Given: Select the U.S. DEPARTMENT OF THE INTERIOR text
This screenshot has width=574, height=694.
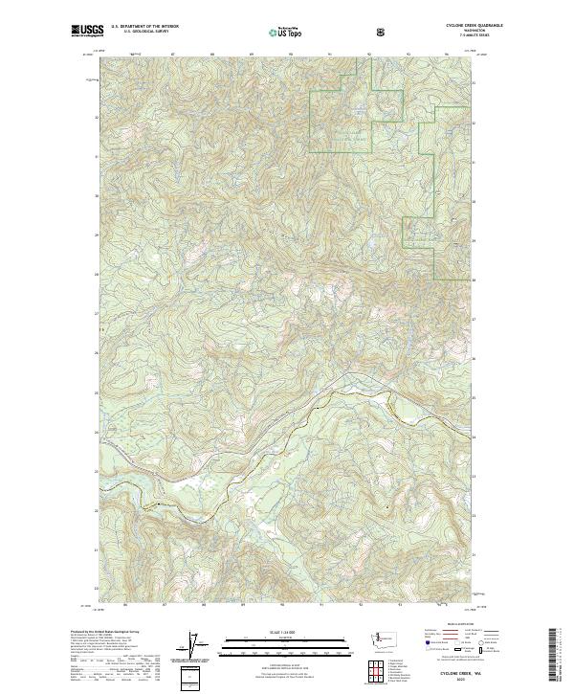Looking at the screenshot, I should tap(143, 27).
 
